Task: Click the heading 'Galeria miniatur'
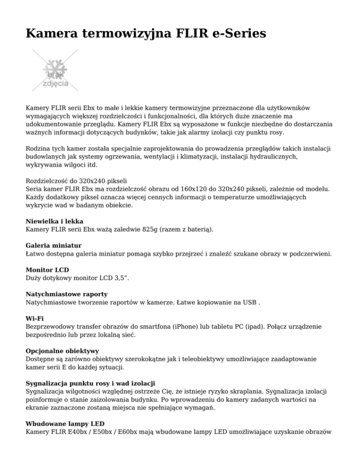(54, 245)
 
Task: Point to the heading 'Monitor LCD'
(47, 270)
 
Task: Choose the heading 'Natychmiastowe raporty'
(67, 294)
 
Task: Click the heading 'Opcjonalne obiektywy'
(64, 351)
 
